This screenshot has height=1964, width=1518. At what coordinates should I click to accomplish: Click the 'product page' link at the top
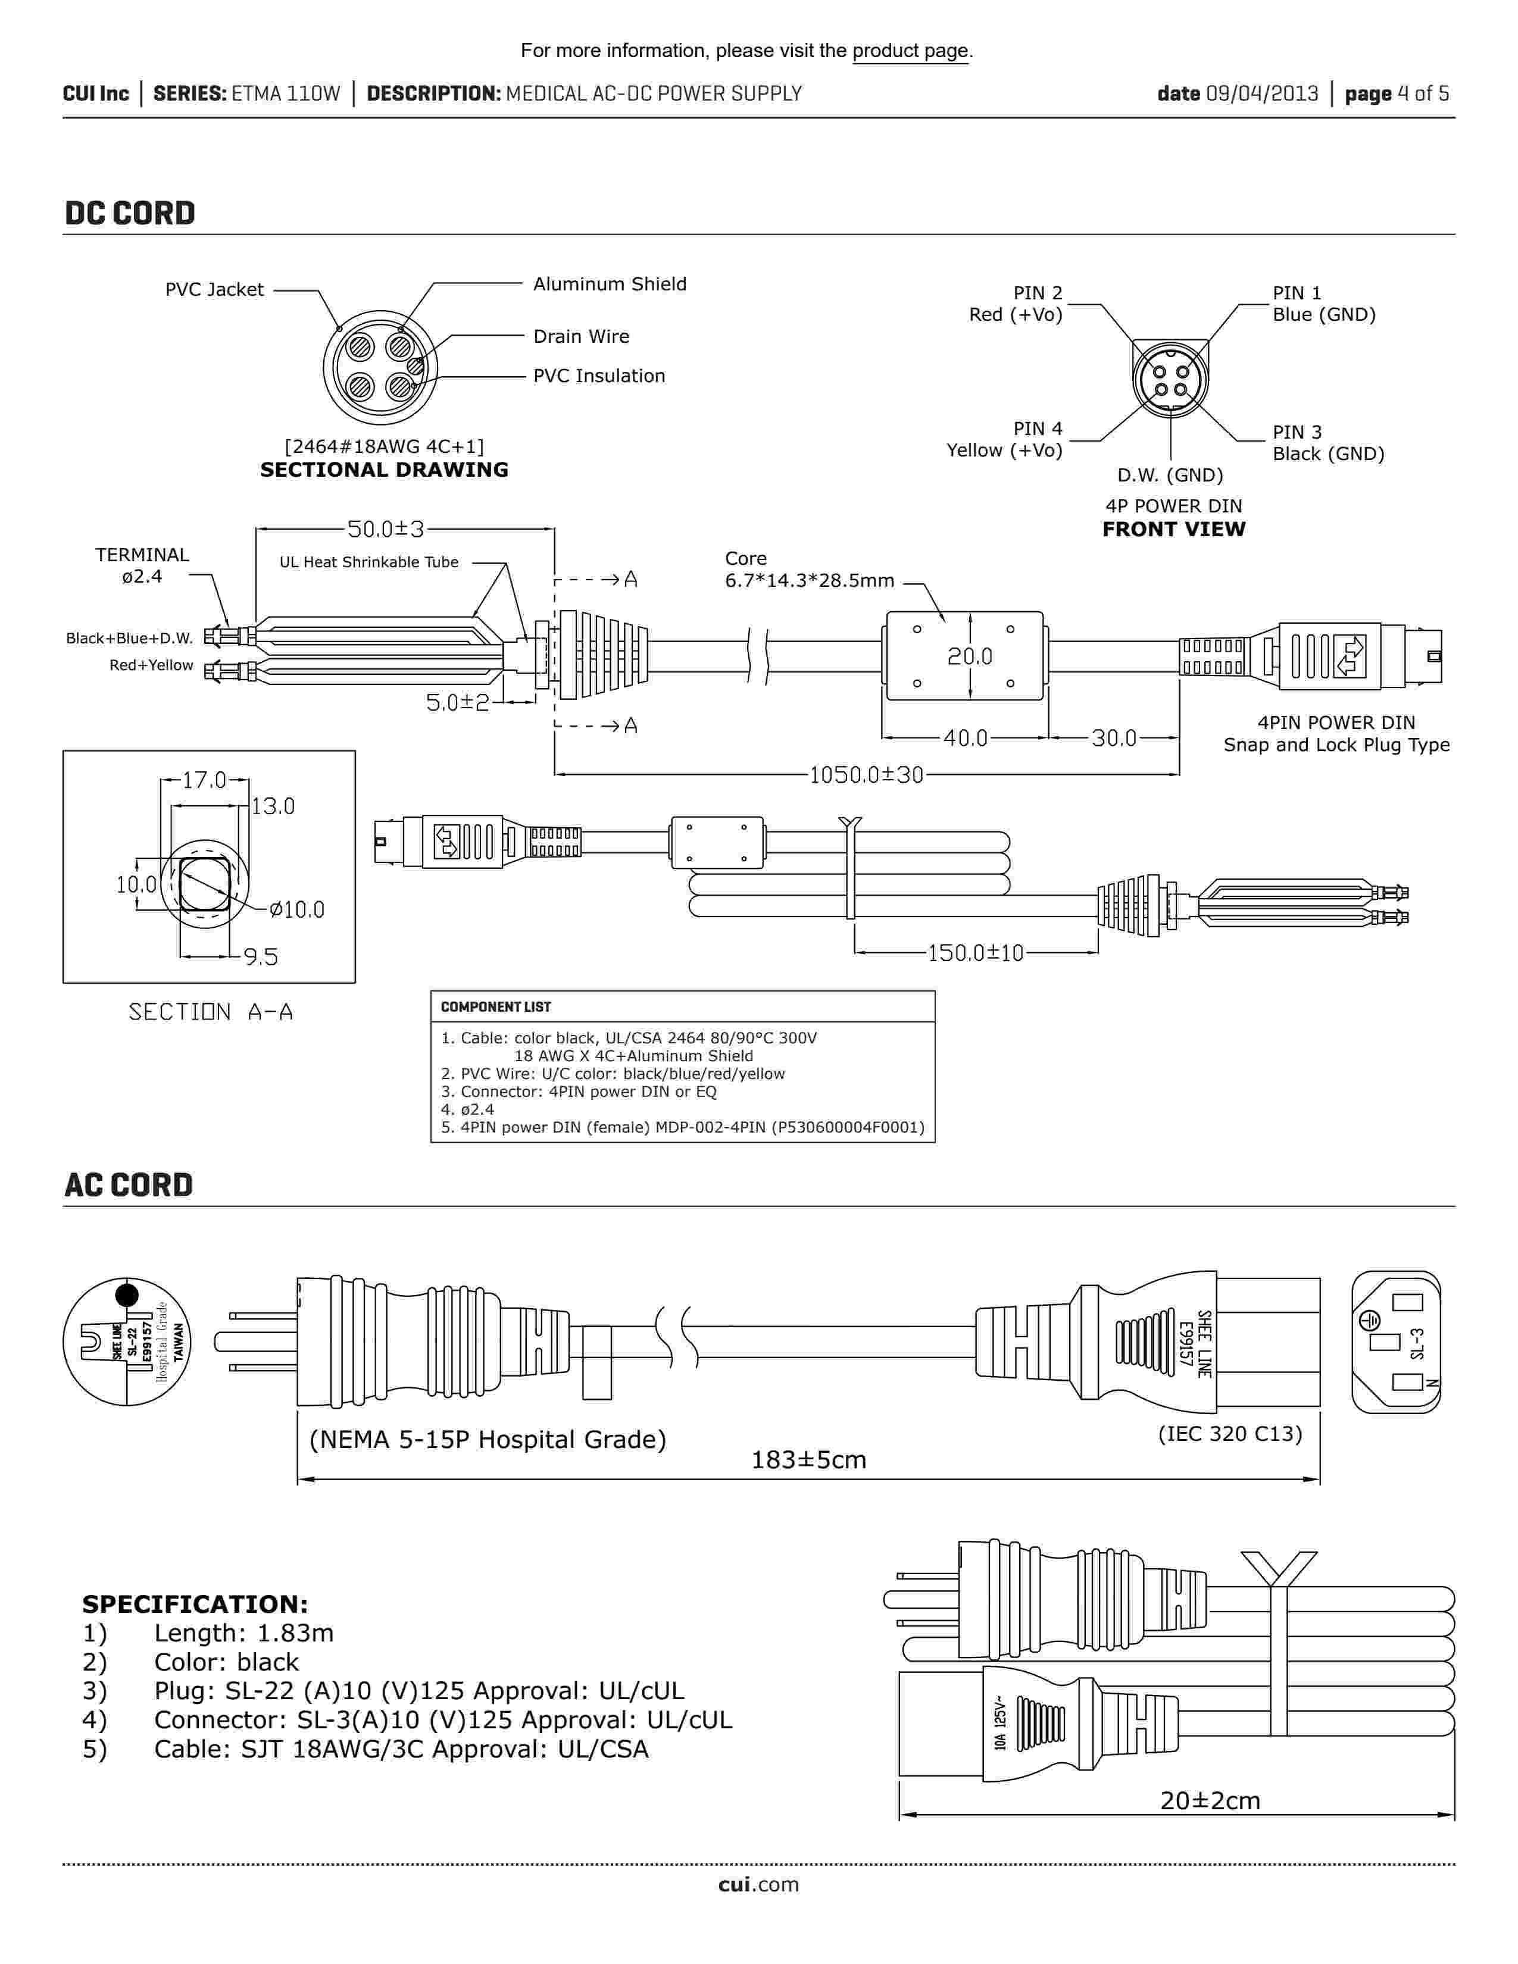(x=910, y=51)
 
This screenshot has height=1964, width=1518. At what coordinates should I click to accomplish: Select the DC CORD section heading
(x=130, y=213)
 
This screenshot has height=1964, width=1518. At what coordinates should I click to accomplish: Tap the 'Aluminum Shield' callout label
(x=610, y=284)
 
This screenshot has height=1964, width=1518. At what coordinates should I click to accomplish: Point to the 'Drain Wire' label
(x=581, y=336)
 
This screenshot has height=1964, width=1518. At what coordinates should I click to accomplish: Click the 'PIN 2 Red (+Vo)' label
(x=1016, y=304)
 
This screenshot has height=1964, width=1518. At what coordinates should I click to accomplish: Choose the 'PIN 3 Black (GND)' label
(x=1328, y=443)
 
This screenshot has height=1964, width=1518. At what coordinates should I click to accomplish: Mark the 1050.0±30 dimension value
(x=866, y=774)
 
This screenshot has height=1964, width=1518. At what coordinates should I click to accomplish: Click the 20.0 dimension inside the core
(x=969, y=656)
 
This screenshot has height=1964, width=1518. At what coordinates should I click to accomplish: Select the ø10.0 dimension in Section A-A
(x=297, y=909)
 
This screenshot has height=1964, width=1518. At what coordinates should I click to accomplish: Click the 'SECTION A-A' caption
(x=210, y=1012)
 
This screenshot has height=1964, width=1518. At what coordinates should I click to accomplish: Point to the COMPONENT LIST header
(x=495, y=1007)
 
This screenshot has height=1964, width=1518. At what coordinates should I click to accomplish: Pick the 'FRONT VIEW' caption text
(x=1173, y=530)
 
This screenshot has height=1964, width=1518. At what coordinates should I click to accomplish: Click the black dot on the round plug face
(x=128, y=1295)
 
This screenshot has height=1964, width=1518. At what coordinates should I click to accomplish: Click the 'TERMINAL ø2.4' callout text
(x=142, y=565)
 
